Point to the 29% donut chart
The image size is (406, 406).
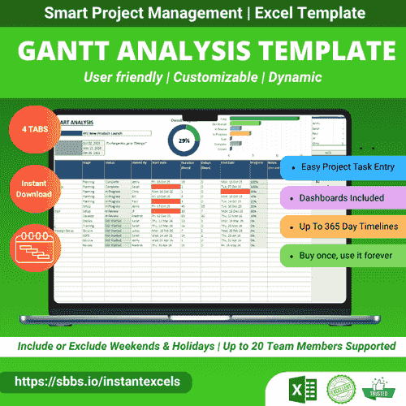pyautogui.click(x=184, y=140)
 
